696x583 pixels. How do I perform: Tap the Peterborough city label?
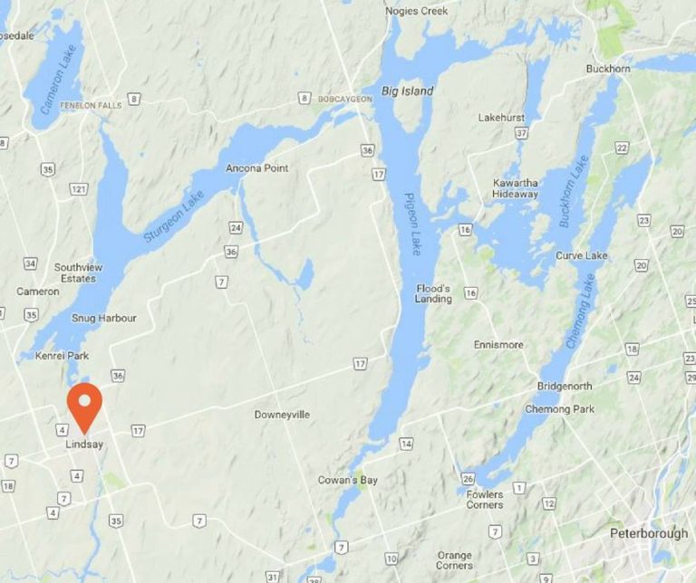[648, 533]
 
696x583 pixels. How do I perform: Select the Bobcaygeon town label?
[344, 99]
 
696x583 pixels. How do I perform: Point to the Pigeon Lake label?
[411, 224]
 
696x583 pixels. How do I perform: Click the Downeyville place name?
[282, 415]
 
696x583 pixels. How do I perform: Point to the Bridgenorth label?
[564, 387]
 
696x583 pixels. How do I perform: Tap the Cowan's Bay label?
[348, 480]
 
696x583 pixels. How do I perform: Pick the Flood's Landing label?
[433, 293]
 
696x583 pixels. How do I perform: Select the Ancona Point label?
[256, 169]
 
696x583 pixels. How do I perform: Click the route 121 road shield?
[80, 188]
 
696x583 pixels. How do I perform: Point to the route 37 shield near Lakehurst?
[520, 133]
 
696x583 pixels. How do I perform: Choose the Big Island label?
[407, 91]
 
